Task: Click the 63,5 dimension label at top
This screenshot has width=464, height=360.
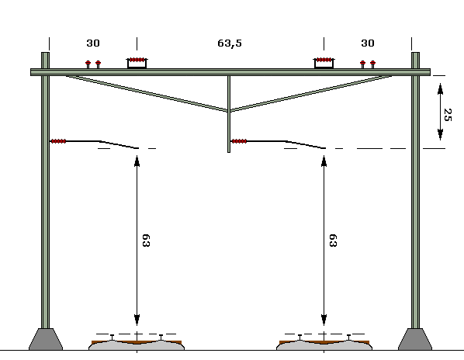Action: (x=230, y=43)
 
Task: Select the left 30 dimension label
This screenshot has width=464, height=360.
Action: (x=93, y=43)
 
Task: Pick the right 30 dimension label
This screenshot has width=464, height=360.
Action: (x=368, y=43)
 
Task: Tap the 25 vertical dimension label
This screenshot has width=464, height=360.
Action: (x=448, y=115)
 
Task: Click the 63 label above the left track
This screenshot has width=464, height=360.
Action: (x=146, y=241)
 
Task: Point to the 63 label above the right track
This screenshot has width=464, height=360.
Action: (x=333, y=241)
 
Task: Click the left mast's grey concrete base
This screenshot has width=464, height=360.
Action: (x=46, y=339)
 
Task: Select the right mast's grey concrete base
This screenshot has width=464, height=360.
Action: (x=415, y=339)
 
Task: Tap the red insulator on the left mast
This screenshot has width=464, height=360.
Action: (x=58, y=141)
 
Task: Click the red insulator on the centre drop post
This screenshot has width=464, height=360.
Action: (x=239, y=141)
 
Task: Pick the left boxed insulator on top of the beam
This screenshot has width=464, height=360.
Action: (x=137, y=63)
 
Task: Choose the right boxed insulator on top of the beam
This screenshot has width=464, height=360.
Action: (x=324, y=63)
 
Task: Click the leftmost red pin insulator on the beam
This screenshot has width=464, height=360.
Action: (x=88, y=64)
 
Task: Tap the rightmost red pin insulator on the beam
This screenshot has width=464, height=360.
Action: (x=373, y=64)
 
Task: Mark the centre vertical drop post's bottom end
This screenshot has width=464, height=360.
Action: (x=229, y=152)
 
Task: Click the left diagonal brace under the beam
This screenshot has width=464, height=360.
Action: (x=147, y=93)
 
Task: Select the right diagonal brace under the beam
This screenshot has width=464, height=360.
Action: (x=311, y=93)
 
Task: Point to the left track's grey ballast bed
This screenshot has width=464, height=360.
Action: (x=137, y=346)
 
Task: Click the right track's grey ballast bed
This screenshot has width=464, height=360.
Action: (x=324, y=346)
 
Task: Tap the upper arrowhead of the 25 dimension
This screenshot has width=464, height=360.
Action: (x=440, y=88)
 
